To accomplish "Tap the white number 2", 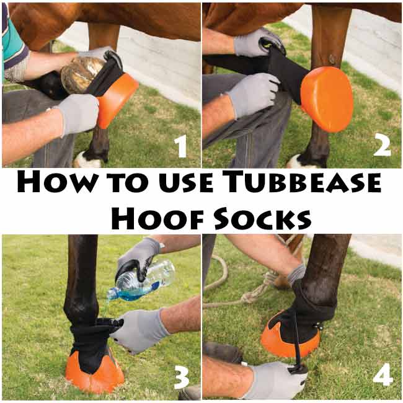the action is tap(383, 146).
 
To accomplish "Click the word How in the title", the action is tap(56, 182).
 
